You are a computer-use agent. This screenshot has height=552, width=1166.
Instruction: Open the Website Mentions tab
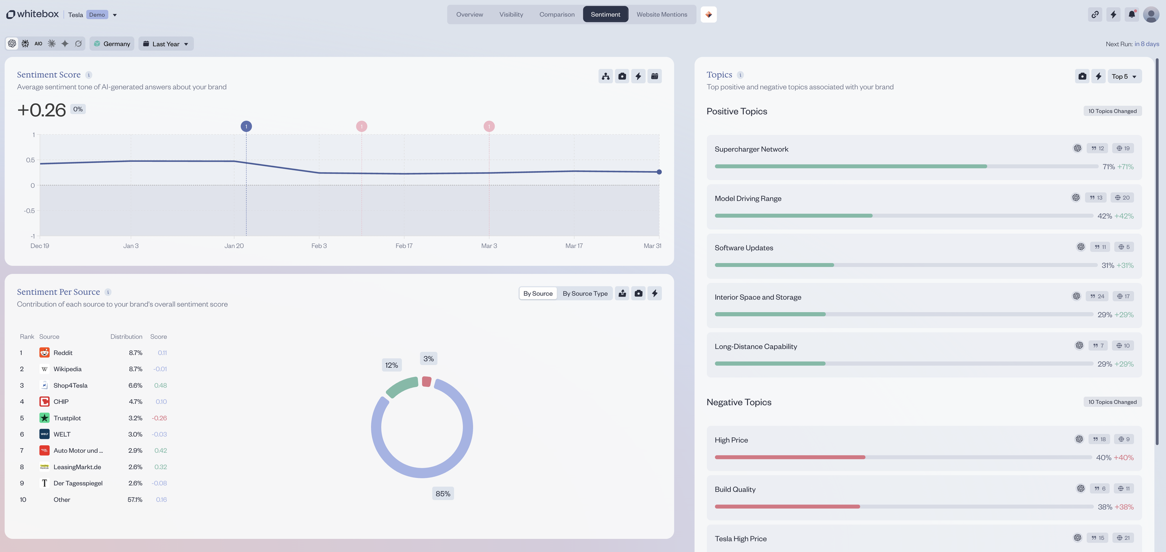pos(661,14)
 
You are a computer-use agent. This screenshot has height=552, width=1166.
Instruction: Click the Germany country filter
pos(112,44)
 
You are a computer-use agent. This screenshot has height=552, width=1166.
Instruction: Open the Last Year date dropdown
pos(166,44)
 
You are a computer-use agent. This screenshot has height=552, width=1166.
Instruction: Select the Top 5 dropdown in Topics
pos(1124,76)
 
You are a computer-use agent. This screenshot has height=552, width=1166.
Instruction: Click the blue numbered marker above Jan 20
pos(246,126)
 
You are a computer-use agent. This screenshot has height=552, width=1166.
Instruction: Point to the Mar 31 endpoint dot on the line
pos(659,172)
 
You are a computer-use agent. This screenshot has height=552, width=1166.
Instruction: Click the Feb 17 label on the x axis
pos(404,246)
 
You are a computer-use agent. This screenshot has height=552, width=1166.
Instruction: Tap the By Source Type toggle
pos(585,293)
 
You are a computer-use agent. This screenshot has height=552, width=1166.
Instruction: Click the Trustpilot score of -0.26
pos(159,418)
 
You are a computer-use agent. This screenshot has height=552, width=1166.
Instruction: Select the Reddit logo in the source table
pos(44,353)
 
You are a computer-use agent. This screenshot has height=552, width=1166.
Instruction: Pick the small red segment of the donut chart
pos(426,382)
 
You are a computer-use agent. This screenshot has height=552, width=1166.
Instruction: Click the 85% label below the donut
pos(443,494)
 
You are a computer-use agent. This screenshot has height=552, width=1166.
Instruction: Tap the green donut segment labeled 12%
pos(402,388)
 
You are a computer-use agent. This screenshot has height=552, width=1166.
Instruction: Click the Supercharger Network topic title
pos(751,149)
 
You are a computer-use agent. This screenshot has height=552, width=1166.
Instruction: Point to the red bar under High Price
pos(789,457)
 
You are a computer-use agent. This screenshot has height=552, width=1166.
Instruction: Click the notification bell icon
pos(1131,14)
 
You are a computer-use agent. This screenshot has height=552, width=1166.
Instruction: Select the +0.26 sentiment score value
pos(42,110)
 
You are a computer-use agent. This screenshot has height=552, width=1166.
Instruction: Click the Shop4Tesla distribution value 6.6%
pos(135,385)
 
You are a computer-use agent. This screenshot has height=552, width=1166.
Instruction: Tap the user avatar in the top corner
pos(1151,14)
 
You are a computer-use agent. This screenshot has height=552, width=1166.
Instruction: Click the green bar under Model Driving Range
pos(793,216)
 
